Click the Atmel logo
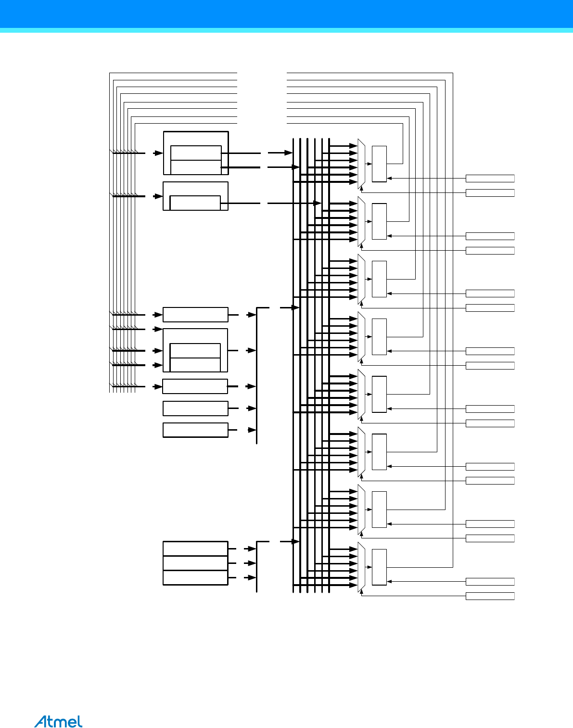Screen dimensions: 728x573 58,721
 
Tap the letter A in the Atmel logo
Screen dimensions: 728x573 40,721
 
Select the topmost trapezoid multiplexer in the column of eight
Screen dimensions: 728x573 361,164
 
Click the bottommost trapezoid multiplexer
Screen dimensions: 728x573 361,567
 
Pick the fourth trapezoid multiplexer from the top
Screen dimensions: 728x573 361,337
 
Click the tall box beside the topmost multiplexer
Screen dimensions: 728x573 379,164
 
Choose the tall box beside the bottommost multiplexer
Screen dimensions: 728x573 379,567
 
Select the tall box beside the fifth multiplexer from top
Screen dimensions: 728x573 379,394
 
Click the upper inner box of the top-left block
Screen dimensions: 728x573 196,153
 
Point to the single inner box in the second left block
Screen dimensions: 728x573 195,203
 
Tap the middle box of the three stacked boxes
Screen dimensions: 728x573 195,563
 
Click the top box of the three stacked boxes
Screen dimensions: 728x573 195,549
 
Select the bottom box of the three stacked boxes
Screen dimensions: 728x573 195,577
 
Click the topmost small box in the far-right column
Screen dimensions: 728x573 490,179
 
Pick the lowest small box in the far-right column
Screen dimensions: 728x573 490,596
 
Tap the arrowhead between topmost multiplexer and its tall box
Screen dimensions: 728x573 370,164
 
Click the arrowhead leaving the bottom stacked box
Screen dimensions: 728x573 252,577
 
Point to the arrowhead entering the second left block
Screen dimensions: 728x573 159,196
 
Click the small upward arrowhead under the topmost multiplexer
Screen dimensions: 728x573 361,190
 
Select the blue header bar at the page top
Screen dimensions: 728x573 286,14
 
